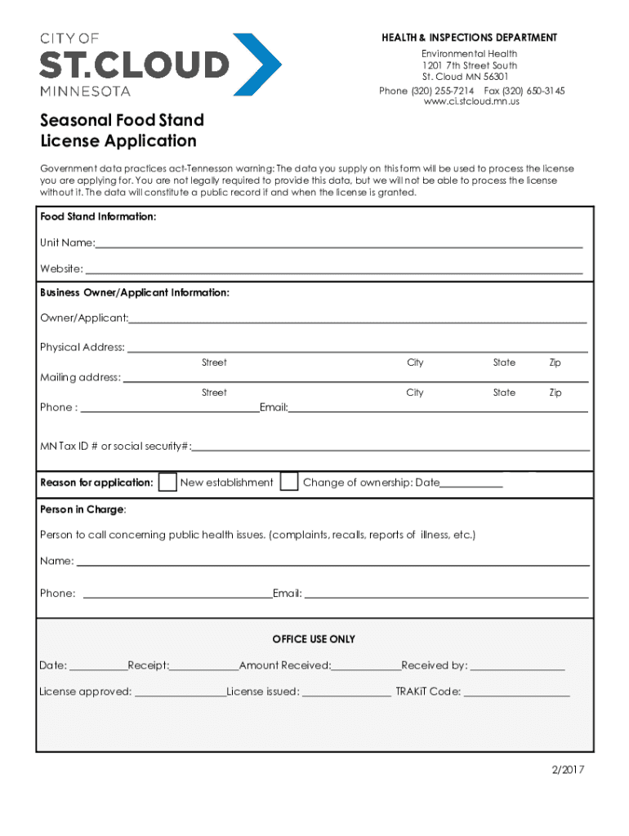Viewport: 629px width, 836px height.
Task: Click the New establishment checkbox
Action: (x=167, y=482)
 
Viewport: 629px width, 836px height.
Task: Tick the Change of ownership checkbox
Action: (x=289, y=482)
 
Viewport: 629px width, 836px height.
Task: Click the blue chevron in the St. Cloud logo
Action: (x=260, y=64)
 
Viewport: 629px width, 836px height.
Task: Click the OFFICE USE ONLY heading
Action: (x=314, y=639)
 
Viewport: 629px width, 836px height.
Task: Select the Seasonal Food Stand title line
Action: (x=123, y=120)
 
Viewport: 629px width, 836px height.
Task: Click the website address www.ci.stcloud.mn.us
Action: (x=471, y=102)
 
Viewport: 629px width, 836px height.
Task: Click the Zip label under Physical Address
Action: (x=555, y=362)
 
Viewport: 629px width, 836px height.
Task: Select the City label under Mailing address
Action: (x=415, y=393)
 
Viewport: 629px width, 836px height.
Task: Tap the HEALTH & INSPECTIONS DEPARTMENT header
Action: (x=470, y=38)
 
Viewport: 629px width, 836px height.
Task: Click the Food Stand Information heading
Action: (x=98, y=217)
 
